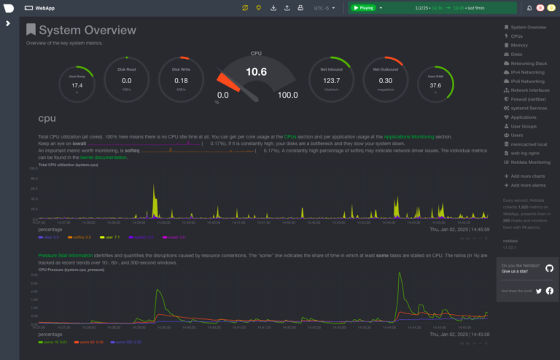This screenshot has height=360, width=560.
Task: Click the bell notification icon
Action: click(529, 8)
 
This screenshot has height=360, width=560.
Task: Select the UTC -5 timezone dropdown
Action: click(324, 8)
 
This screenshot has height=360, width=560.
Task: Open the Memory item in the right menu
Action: click(518, 45)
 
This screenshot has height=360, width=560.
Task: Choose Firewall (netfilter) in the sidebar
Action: click(529, 99)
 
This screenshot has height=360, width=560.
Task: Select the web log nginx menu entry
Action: click(524, 152)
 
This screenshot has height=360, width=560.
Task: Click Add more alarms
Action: click(529, 186)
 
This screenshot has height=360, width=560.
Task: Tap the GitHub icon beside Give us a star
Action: click(549, 268)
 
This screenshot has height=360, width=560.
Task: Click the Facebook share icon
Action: click(549, 291)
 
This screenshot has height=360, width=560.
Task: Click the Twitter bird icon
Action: click(539, 291)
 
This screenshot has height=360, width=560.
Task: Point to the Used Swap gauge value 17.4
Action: click(77, 85)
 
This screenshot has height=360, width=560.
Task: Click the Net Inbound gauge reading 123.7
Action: click(331, 80)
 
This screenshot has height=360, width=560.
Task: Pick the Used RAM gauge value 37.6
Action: click(435, 85)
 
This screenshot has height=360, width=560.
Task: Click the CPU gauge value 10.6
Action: click(256, 72)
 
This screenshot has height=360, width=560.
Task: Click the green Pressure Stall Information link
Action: click(65, 256)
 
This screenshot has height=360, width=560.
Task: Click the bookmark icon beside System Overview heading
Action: click(31, 30)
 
